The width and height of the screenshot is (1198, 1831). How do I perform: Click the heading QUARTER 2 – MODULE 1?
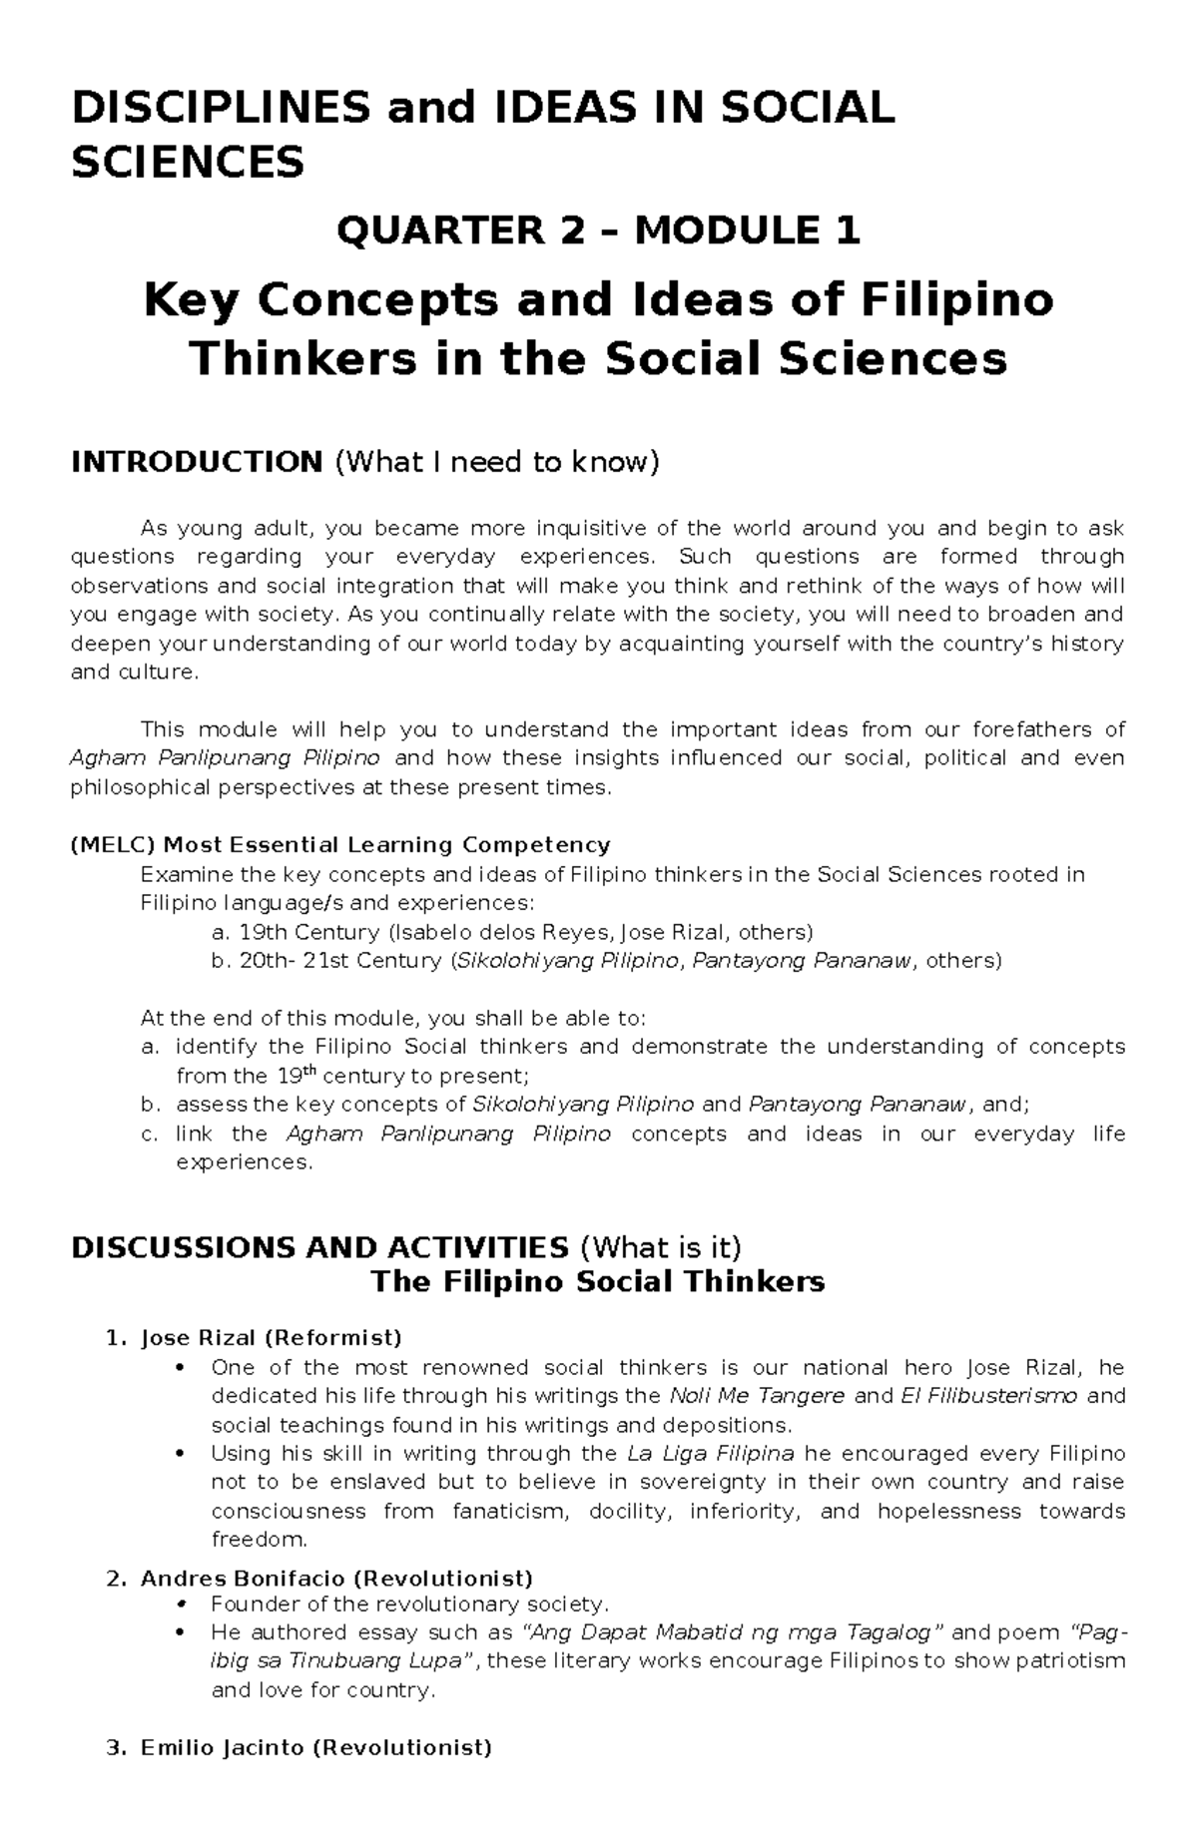point(598,231)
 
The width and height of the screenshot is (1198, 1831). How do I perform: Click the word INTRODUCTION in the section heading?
point(196,462)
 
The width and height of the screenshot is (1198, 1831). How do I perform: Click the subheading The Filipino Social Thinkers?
point(597,1281)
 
